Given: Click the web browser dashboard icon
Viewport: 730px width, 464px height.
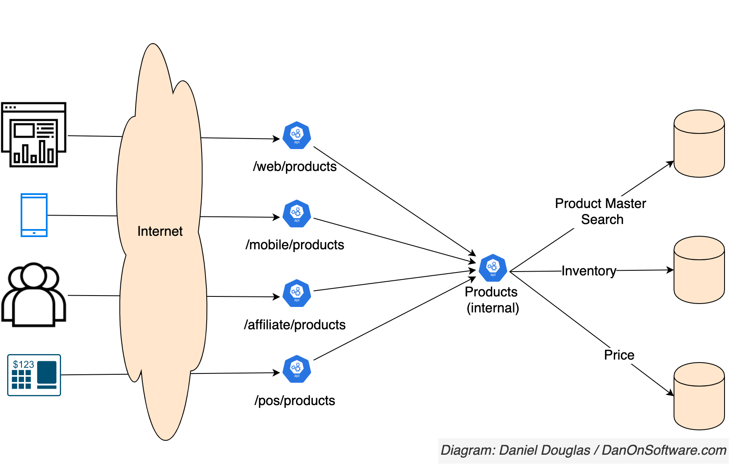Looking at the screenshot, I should click(34, 135).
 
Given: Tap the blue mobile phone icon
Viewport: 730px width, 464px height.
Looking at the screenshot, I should click(34, 215).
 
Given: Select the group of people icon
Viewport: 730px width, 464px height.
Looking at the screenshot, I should click(34, 295).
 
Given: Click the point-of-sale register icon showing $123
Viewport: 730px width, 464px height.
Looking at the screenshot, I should click(34, 375).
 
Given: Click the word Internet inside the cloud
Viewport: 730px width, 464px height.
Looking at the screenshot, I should click(160, 231).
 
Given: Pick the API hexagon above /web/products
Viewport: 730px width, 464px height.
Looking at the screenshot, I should click(297, 136).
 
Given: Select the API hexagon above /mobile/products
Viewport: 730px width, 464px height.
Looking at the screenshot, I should click(297, 214).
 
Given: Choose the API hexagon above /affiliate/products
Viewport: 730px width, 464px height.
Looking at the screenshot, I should click(297, 293).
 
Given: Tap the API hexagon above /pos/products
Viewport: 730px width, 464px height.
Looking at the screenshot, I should click(297, 369).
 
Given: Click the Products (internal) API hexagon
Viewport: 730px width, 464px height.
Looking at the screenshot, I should click(493, 268).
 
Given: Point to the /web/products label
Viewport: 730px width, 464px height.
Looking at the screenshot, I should click(295, 167).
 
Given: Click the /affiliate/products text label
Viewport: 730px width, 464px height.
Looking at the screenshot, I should click(295, 325).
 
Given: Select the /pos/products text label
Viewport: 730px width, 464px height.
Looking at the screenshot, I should click(295, 401).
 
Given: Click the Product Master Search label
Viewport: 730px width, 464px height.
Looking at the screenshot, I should click(601, 211).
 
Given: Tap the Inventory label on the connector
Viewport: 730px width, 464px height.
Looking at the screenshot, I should click(589, 271).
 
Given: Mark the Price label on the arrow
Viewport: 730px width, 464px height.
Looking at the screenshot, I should click(619, 355).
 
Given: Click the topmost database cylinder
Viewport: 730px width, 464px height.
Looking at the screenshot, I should click(699, 144).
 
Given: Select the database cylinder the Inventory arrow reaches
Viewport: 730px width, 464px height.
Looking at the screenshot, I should click(699, 270).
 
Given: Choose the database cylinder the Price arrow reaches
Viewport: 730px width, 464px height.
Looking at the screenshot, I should click(699, 396).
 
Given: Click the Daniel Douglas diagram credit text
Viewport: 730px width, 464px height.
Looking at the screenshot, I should click(583, 450).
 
